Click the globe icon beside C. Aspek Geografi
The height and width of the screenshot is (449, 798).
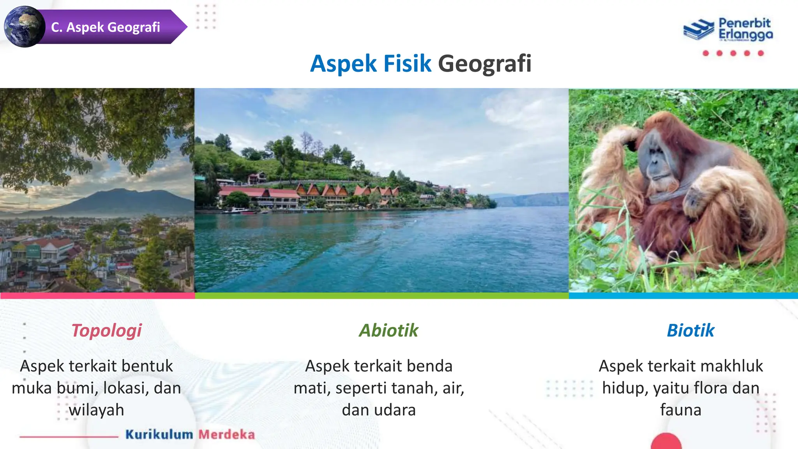pyautogui.click(x=25, y=27)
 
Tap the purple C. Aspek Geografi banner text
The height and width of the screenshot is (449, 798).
pyautogui.click(x=106, y=27)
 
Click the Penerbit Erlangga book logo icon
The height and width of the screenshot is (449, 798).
pyautogui.click(x=699, y=29)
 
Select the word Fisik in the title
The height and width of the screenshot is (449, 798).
pyautogui.click(x=407, y=64)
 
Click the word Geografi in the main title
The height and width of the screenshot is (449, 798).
pyautogui.click(x=484, y=64)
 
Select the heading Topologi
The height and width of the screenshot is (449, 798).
pyautogui.click(x=106, y=331)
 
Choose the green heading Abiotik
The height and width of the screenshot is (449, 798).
pyautogui.click(x=388, y=331)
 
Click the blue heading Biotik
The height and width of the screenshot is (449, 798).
pyautogui.click(x=690, y=331)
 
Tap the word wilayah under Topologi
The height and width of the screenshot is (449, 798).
pyautogui.click(x=97, y=410)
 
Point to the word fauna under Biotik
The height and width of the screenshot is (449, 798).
pyautogui.click(x=681, y=410)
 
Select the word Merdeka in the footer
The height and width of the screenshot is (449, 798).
pyautogui.click(x=227, y=434)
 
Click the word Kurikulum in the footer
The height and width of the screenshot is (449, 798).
pyautogui.click(x=159, y=434)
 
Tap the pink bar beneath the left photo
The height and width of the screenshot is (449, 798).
pyautogui.click(x=97, y=296)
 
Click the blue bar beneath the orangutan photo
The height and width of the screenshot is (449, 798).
pyautogui.click(x=683, y=296)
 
